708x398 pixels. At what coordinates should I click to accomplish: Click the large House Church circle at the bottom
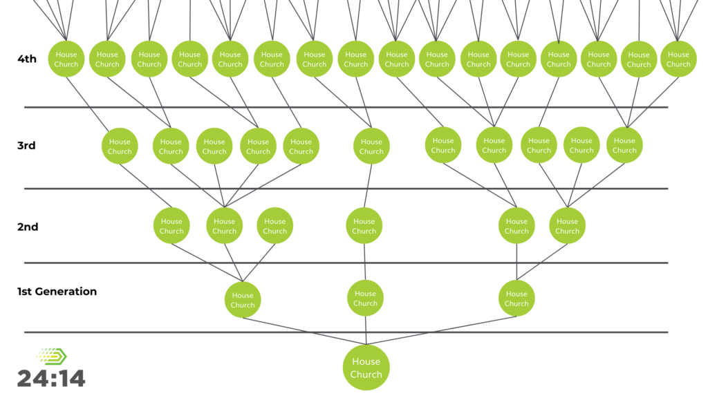366,368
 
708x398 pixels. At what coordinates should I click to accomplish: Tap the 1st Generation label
57,292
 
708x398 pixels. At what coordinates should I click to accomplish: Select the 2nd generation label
28,227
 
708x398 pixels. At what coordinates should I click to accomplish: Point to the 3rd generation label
26,146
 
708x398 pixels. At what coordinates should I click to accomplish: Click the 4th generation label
26,59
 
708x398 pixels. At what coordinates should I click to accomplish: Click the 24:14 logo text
51,378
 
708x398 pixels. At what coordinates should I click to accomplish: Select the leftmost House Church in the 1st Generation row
243,300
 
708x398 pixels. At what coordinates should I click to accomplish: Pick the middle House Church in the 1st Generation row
365,298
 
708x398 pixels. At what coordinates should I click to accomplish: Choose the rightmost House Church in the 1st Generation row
516,298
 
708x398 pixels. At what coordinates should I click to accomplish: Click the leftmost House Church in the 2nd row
171,226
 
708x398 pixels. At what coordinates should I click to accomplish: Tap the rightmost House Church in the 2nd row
567,226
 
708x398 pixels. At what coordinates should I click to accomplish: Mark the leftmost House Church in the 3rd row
120,146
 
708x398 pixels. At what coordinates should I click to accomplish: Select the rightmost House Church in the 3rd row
624,146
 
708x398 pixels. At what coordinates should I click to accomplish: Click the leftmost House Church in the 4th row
66,59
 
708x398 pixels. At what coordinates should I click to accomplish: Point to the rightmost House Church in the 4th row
678,59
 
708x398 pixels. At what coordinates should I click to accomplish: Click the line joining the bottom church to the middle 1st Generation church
365,330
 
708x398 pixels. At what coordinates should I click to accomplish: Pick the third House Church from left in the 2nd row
274,226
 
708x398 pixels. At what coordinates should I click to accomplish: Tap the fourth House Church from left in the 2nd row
364,226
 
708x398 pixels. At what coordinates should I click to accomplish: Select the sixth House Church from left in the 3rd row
371,146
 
